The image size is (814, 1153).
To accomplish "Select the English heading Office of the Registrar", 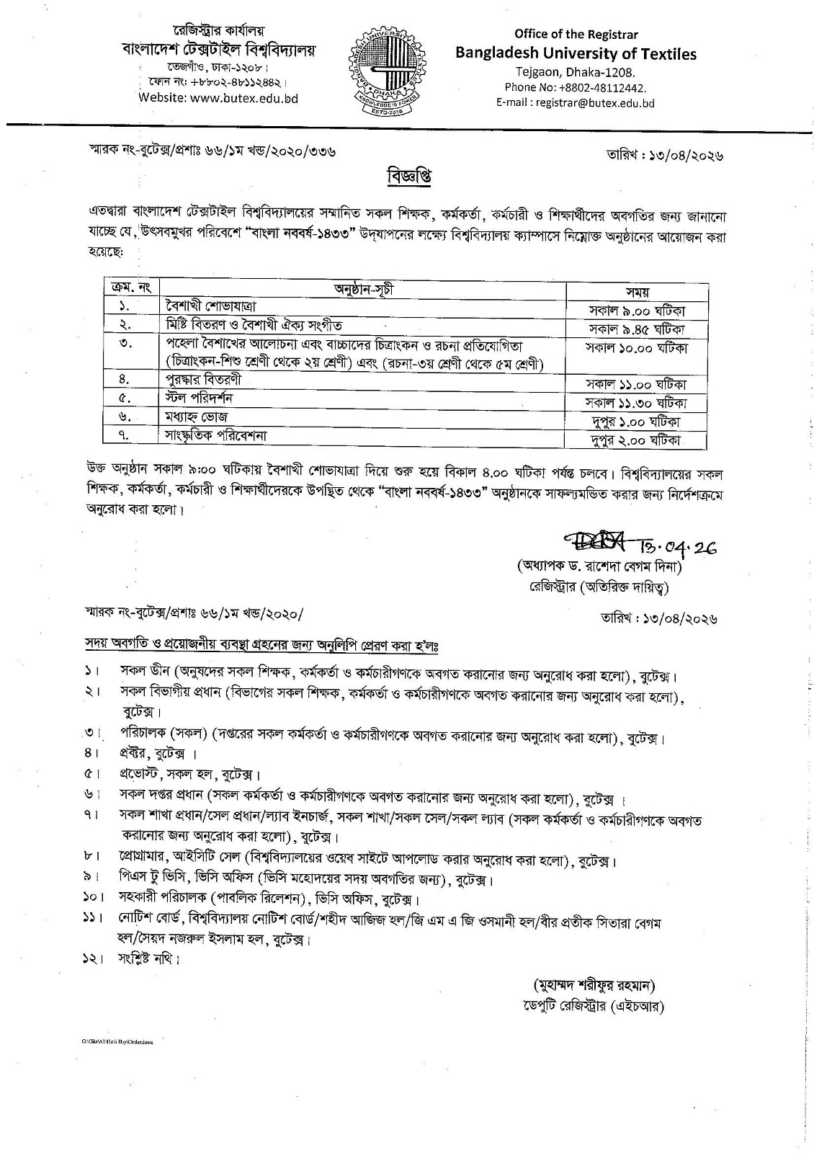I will coord(576,34).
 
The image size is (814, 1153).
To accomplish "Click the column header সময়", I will coord(636,291).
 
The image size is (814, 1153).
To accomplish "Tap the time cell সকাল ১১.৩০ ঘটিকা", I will coord(636,403).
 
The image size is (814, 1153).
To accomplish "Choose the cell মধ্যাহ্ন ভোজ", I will coord(197,417).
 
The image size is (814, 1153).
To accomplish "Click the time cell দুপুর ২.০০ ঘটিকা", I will coord(636,440).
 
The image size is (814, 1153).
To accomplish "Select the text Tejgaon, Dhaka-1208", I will coord(576,72).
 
